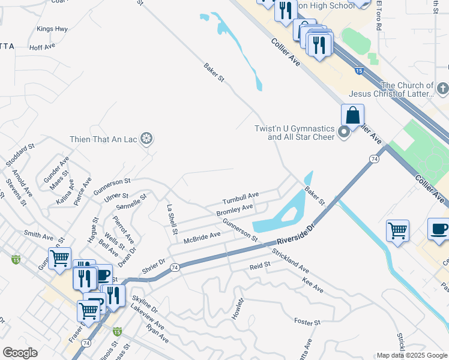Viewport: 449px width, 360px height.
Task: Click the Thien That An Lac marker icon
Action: [x=146, y=139]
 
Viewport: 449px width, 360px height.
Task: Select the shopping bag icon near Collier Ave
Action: [x=352, y=115]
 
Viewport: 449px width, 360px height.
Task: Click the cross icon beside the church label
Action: [x=443, y=89]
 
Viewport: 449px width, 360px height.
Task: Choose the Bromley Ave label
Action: [x=234, y=210]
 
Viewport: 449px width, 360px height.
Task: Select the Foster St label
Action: [x=307, y=323]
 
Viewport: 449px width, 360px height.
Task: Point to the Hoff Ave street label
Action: [x=42, y=46]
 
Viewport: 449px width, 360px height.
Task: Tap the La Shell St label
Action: [x=172, y=219]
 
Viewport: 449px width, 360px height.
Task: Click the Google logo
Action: [x=20, y=353]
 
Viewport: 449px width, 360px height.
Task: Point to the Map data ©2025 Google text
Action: [x=411, y=355]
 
